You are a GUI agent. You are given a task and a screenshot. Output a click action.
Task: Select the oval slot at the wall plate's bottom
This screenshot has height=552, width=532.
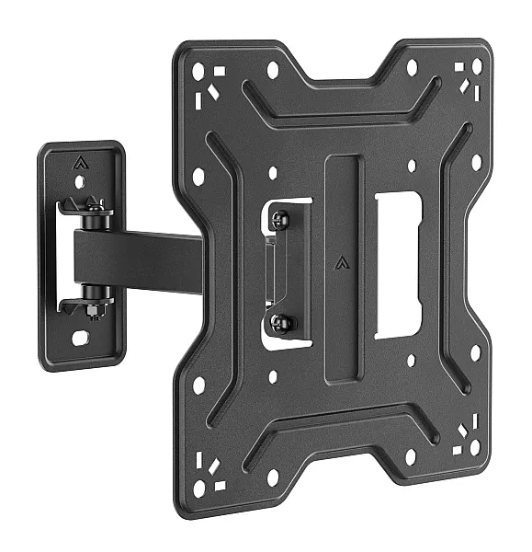[x=81, y=338]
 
